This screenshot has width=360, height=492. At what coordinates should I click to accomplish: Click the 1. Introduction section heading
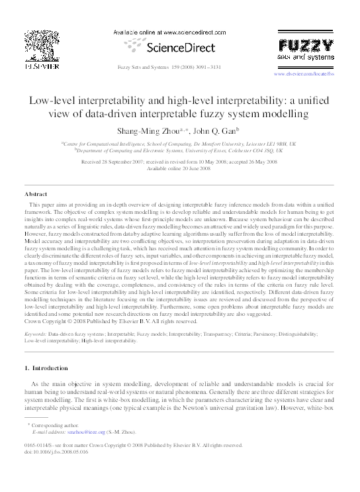coord(50,368)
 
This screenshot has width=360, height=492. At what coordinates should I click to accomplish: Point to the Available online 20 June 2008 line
coord(179,168)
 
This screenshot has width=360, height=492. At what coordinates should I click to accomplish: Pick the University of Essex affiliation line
coord(179,150)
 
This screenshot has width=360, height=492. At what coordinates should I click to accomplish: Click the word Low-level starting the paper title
coord(54,100)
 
